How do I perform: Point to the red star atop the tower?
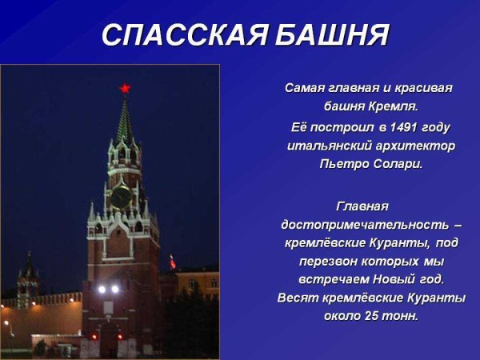[125, 87]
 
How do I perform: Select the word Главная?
[362, 206]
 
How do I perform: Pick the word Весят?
[298, 298]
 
